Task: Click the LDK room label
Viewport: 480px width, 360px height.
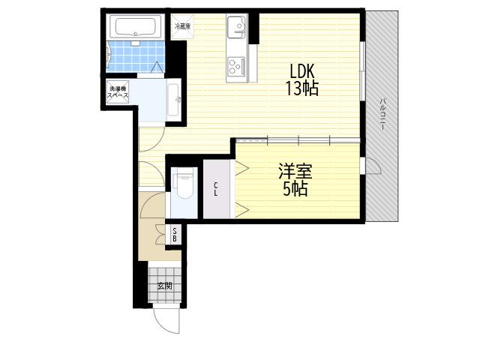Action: click(302, 71)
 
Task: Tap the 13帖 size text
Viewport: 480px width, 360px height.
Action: click(302, 88)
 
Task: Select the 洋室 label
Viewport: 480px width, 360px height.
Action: click(295, 172)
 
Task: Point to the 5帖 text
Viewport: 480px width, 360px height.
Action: click(295, 188)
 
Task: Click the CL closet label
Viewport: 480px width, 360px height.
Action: click(216, 189)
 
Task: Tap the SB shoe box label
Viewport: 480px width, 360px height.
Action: click(175, 235)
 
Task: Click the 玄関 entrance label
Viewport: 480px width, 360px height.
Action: click(165, 286)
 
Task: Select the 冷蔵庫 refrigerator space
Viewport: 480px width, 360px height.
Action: click(182, 26)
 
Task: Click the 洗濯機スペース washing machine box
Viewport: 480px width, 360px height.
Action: click(118, 91)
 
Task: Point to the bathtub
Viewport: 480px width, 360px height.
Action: click(135, 27)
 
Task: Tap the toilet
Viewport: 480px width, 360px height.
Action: click(183, 185)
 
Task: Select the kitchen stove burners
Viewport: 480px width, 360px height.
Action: click(235, 67)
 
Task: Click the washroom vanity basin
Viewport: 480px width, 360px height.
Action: click(173, 100)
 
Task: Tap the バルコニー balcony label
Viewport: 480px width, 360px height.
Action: click(382, 114)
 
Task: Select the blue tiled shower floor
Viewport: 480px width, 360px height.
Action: click(136, 56)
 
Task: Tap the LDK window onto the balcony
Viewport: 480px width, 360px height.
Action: click(362, 71)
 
